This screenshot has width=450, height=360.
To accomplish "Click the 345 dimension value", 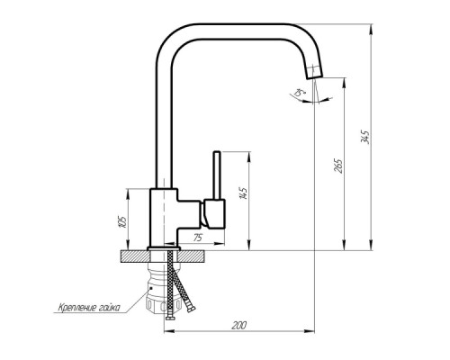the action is click(365, 137).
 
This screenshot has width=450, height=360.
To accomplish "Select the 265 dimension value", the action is click(338, 166).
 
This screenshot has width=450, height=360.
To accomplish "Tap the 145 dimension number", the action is click(243, 193).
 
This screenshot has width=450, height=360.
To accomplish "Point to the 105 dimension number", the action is click(122, 221).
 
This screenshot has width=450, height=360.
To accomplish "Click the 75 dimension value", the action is click(197, 238).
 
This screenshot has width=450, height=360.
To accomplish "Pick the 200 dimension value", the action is click(239, 325).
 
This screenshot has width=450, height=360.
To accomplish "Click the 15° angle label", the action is click(300, 93).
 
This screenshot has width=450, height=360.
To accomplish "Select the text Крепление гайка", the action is click(89, 308).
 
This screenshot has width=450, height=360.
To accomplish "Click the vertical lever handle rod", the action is click(217, 175).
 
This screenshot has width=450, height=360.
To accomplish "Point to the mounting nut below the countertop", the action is click(163, 295).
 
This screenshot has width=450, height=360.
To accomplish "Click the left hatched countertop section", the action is click(135, 256).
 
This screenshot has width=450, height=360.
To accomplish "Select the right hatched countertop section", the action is click(192, 256).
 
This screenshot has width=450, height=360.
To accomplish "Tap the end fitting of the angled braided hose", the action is click(191, 309).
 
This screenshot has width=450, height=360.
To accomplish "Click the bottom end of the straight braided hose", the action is click(170, 318).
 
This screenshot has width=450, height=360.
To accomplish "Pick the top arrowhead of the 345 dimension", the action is click(372, 29).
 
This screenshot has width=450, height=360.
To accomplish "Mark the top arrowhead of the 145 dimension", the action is click(248, 157).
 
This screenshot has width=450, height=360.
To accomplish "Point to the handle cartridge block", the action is click(214, 213).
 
